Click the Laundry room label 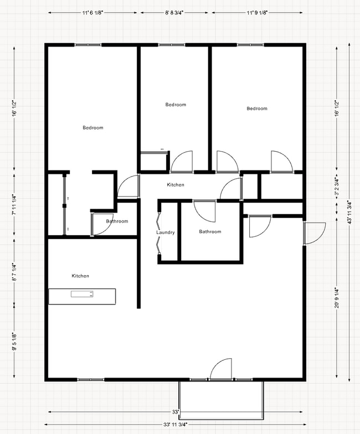tap(166, 232)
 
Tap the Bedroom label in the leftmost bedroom tap(92, 128)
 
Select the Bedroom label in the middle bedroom tap(176, 105)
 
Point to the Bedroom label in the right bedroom tap(256, 108)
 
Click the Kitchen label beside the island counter tap(80, 276)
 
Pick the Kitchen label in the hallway tap(176, 184)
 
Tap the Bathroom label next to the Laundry tap(210, 231)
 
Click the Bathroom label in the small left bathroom tap(117, 221)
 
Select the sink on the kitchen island tap(82, 294)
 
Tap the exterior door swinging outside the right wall tap(315, 232)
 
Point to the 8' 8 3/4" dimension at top tap(174, 12)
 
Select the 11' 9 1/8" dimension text tap(258, 12)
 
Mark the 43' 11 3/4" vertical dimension tap(349, 213)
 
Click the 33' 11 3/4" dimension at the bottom tap(176, 425)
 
